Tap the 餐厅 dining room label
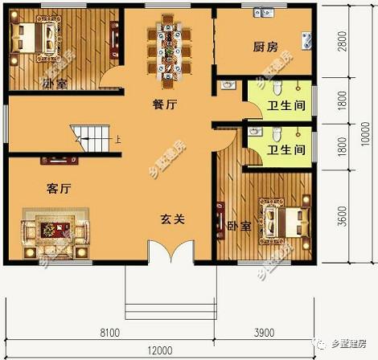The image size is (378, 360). (165, 104)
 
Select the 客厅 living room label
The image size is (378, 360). (59, 189)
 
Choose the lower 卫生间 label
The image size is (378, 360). (286, 149)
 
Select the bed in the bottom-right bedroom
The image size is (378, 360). (283, 219)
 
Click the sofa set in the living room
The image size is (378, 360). (54, 234)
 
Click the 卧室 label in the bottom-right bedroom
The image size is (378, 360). (240, 226)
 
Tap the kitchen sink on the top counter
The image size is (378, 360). (262, 13)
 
